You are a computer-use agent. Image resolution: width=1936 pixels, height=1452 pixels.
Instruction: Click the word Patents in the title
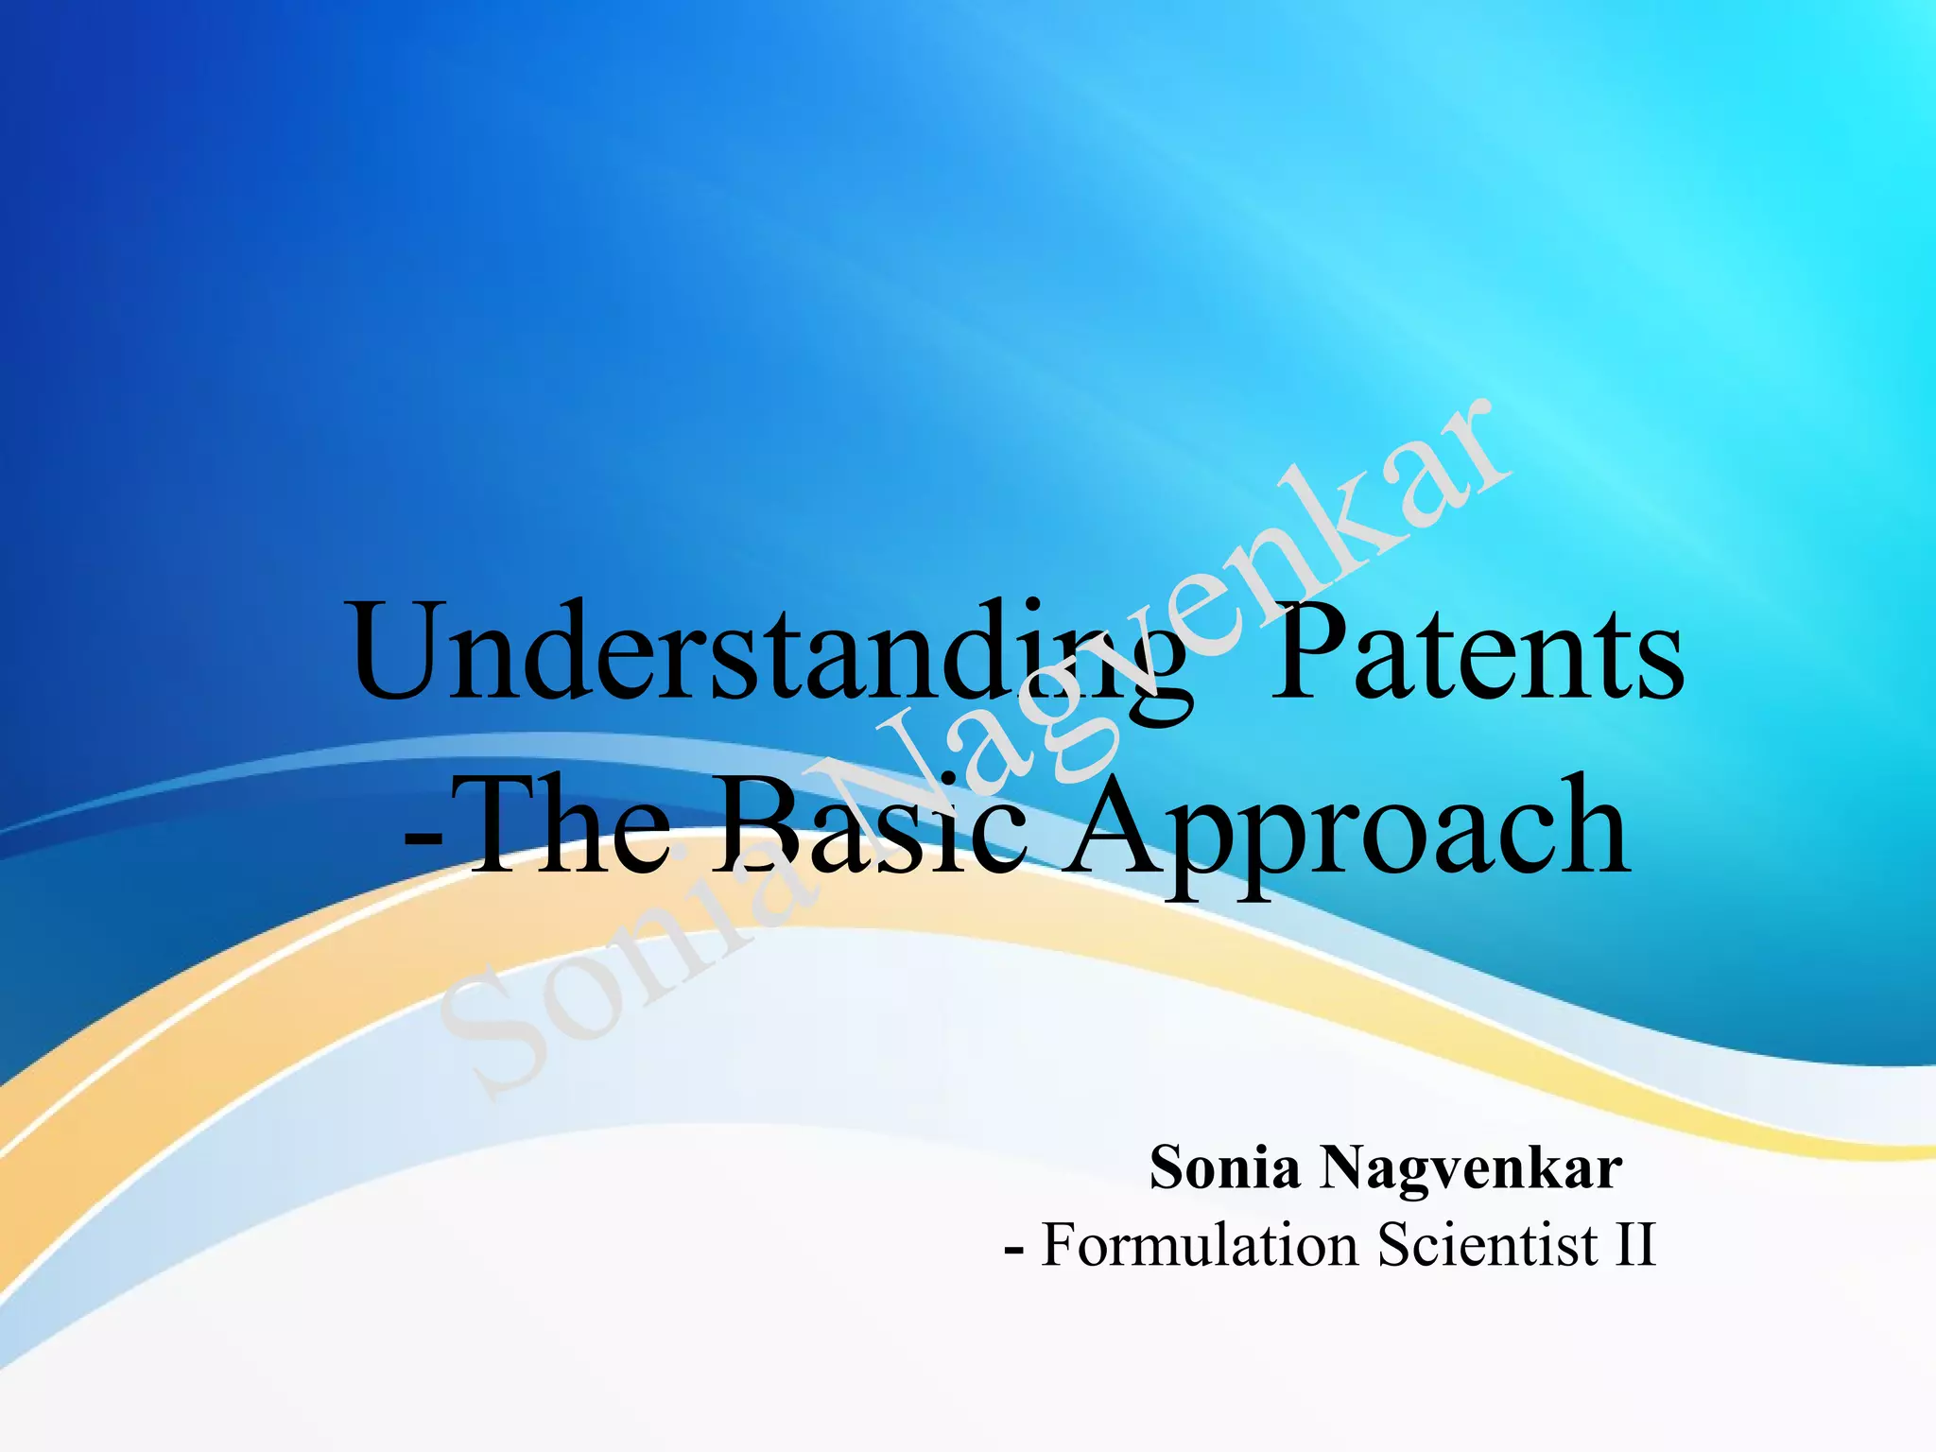(x=1476, y=654)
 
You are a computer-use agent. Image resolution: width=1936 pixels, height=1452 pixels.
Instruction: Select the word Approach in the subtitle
(x=1347, y=827)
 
